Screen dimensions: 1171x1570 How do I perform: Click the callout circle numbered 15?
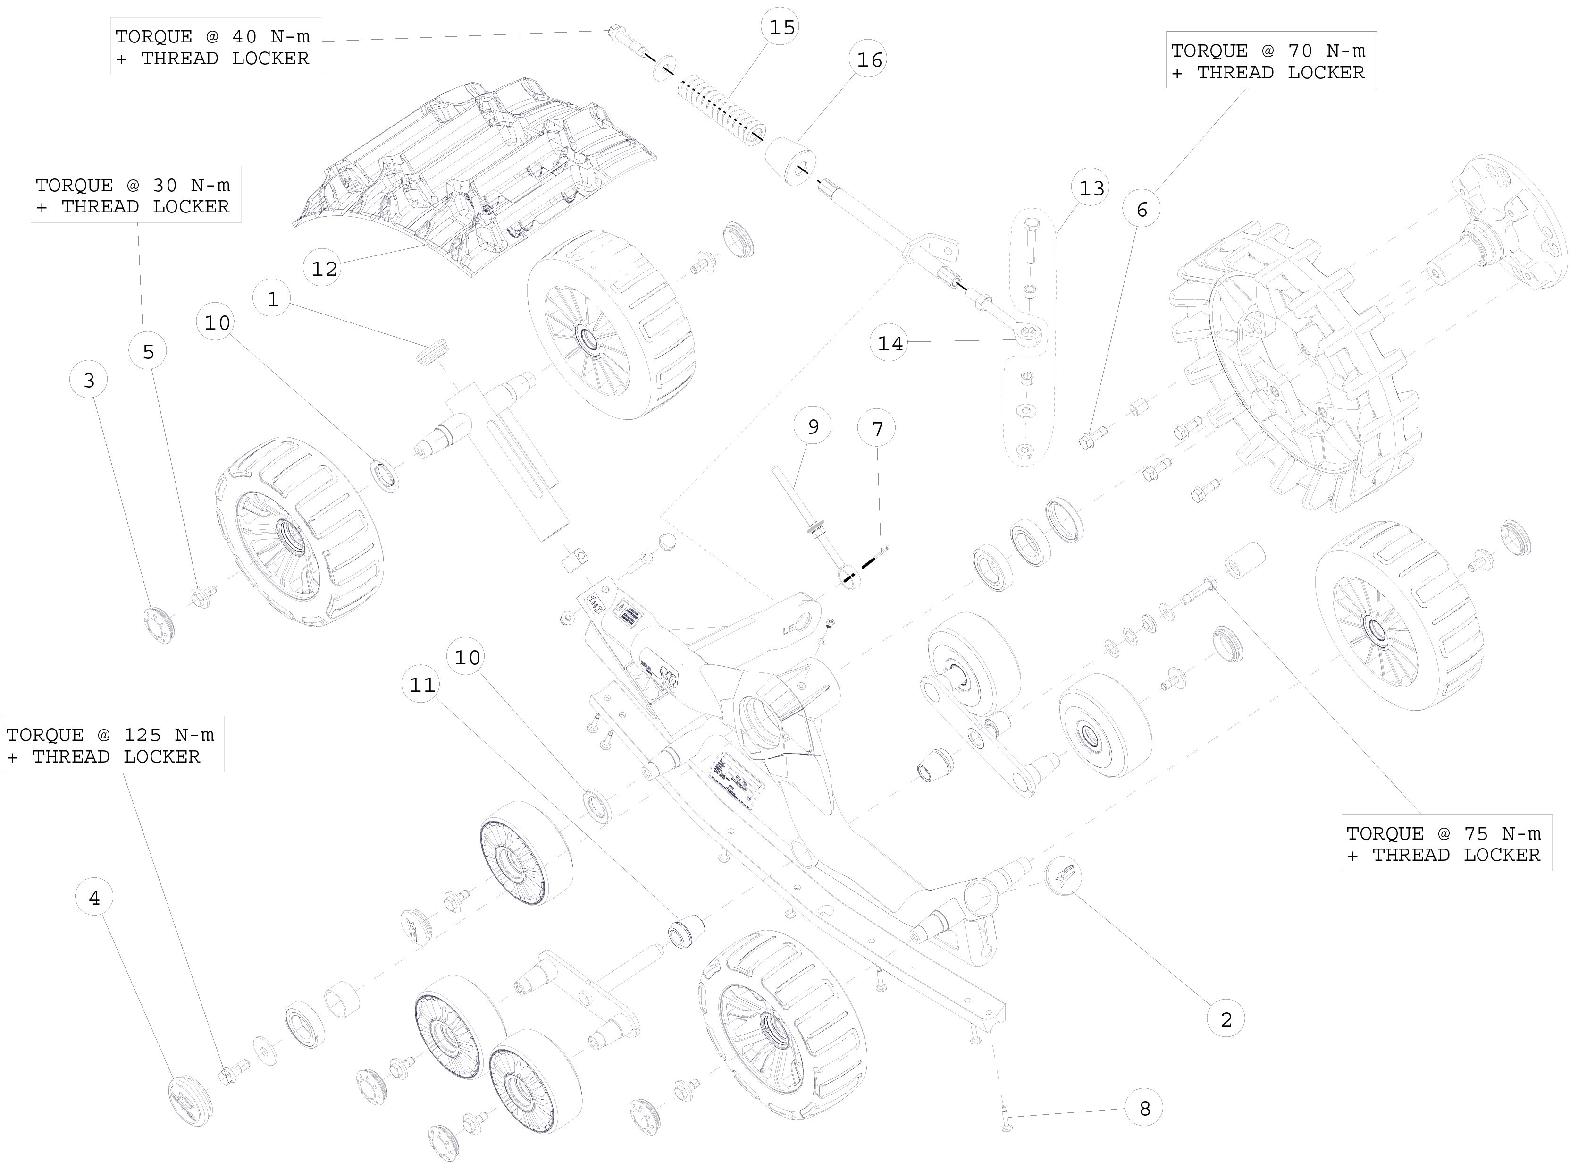click(782, 28)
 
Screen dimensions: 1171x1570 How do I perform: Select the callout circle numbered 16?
click(869, 60)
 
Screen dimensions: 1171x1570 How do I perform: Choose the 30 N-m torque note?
click(134, 195)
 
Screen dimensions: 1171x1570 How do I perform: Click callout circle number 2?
click(1226, 1019)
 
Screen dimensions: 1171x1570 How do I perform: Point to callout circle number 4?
click(94, 898)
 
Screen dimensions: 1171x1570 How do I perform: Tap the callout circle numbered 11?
click(422, 685)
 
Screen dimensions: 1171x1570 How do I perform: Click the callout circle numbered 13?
click(1091, 188)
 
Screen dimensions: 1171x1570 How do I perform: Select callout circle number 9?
click(813, 427)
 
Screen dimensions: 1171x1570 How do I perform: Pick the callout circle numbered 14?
click(890, 344)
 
